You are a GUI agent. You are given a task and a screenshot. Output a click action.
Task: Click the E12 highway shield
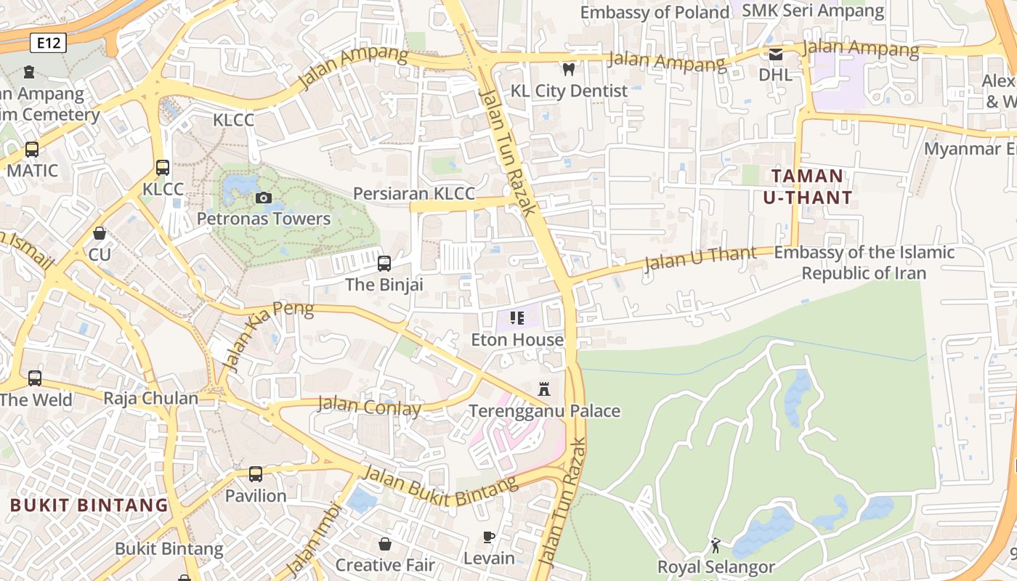[x=49, y=44]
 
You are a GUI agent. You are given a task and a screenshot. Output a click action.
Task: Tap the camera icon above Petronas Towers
[x=263, y=198]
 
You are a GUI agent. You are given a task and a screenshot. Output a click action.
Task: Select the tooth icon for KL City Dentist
[x=569, y=69]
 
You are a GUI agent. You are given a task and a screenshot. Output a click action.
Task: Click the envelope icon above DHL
[x=776, y=54]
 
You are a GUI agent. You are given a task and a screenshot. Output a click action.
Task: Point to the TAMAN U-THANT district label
[x=807, y=187]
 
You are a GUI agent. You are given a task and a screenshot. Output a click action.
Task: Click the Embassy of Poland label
[x=655, y=12]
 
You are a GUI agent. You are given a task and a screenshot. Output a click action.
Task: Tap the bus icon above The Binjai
[x=384, y=263]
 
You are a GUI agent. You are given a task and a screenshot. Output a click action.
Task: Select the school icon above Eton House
[x=517, y=318]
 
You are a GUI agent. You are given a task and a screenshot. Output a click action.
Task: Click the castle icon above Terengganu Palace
[x=544, y=389]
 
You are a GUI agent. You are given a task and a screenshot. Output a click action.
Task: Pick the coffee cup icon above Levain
[x=489, y=537]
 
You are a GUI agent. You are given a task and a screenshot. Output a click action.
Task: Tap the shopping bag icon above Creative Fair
[x=385, y=544]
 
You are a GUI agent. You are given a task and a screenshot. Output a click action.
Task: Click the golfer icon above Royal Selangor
[x=716, y=545]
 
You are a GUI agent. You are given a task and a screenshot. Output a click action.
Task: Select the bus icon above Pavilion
[x=256, y=474]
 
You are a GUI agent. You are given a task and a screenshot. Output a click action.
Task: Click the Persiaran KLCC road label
[x=413, y=193]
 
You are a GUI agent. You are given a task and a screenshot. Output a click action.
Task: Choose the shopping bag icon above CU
[x=100, y=233]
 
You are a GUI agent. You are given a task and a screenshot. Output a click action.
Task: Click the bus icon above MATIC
[x=32, y=150]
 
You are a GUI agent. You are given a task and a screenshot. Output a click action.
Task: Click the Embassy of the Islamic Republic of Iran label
[x=864, y=263]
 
